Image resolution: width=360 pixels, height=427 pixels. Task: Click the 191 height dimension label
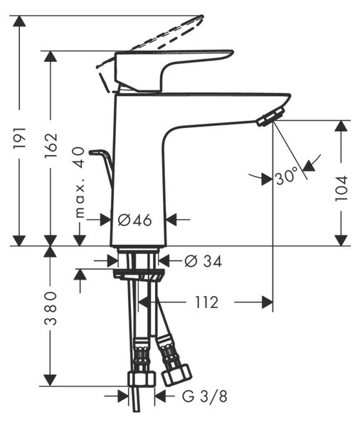20,137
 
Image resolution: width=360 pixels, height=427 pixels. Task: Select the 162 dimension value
51,145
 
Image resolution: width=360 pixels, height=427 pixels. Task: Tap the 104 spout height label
342,189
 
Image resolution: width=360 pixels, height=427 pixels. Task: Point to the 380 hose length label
51,308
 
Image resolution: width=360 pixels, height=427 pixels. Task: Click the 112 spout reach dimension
207,302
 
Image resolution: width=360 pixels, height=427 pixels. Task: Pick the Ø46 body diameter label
134,219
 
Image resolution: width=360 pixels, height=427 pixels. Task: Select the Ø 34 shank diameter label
203,261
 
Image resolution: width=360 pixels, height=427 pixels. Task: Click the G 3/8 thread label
204,396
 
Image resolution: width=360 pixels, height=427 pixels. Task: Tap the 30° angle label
287,177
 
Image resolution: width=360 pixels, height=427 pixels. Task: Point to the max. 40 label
80,182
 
